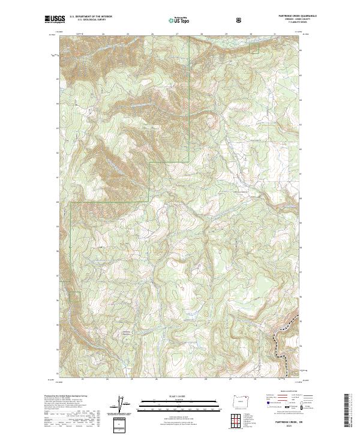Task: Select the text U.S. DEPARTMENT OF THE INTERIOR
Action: pos(90,17)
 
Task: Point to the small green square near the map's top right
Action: pos(254,48)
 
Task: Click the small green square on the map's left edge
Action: pos(74,296)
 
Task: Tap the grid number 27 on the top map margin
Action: pos(177,34)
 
